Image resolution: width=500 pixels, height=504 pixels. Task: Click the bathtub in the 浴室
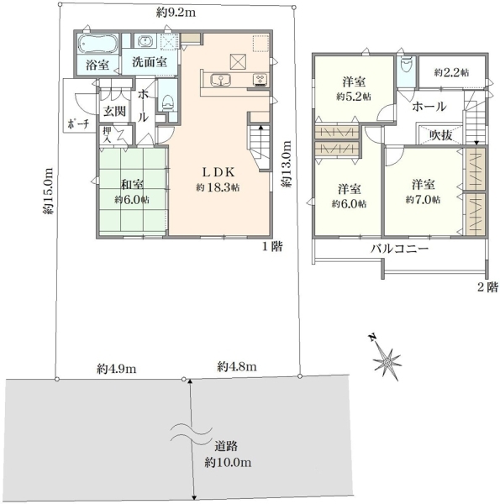click(x=98, y=44)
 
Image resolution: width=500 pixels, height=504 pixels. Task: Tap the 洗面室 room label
click(x=150, y=61)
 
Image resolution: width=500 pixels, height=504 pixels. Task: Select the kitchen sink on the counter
click(x=220, y=80)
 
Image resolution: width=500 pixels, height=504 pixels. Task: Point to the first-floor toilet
click(x=168, y=102)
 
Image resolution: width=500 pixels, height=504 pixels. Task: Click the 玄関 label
click(x=114, y=111)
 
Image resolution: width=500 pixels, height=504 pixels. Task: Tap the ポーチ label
click(x=78, y=123)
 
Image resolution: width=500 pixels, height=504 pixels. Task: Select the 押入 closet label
click(x=107, y=135)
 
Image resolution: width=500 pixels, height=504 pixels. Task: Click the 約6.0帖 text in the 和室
click(x=132, y=200)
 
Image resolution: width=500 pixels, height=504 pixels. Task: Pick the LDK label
click(x=219, y=172)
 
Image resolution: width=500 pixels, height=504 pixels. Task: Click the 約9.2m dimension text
click(x=176, y=13)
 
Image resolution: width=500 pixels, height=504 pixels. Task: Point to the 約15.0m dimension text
click(x=48, y=191)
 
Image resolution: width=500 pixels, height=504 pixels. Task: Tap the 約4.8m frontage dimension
click(x=237, y=366)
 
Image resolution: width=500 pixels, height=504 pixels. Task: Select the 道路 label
click(x=226, y=446)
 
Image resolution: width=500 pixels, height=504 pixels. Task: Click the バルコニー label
click(x=400, y=249)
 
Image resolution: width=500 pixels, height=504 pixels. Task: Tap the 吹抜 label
click(x=441, y=135)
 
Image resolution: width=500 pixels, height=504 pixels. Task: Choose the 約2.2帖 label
click(x=451, y=72)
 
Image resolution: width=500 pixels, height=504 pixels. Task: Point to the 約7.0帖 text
click(x=424, y=200)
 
